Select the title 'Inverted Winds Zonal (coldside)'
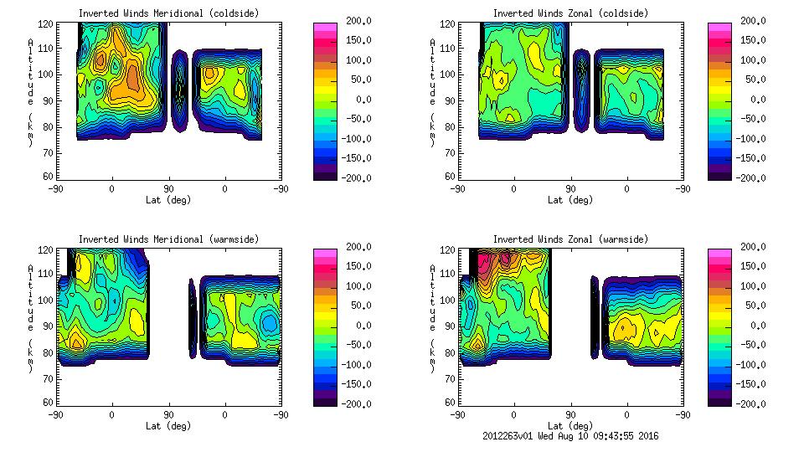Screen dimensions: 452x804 (569, 13)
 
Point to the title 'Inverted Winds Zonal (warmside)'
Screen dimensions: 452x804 (569, 239)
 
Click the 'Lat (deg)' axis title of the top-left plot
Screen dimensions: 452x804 (167, 199)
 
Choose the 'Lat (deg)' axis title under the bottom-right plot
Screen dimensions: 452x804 (571, 425)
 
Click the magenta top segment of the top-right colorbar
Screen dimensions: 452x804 (719, 28)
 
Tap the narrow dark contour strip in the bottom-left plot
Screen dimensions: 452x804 (192, 318)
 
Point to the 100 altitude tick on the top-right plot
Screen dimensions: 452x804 (444, 74)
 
